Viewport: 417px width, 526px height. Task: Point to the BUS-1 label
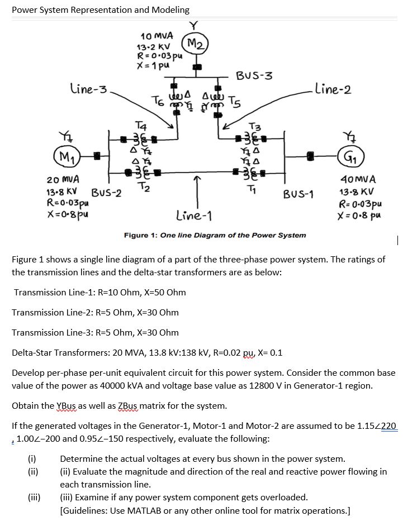tap(298, 194)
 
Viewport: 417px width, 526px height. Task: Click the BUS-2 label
tap(108, 193)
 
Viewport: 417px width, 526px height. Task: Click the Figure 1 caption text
tap(215, 235)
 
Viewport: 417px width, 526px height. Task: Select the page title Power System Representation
tap(101, 9)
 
